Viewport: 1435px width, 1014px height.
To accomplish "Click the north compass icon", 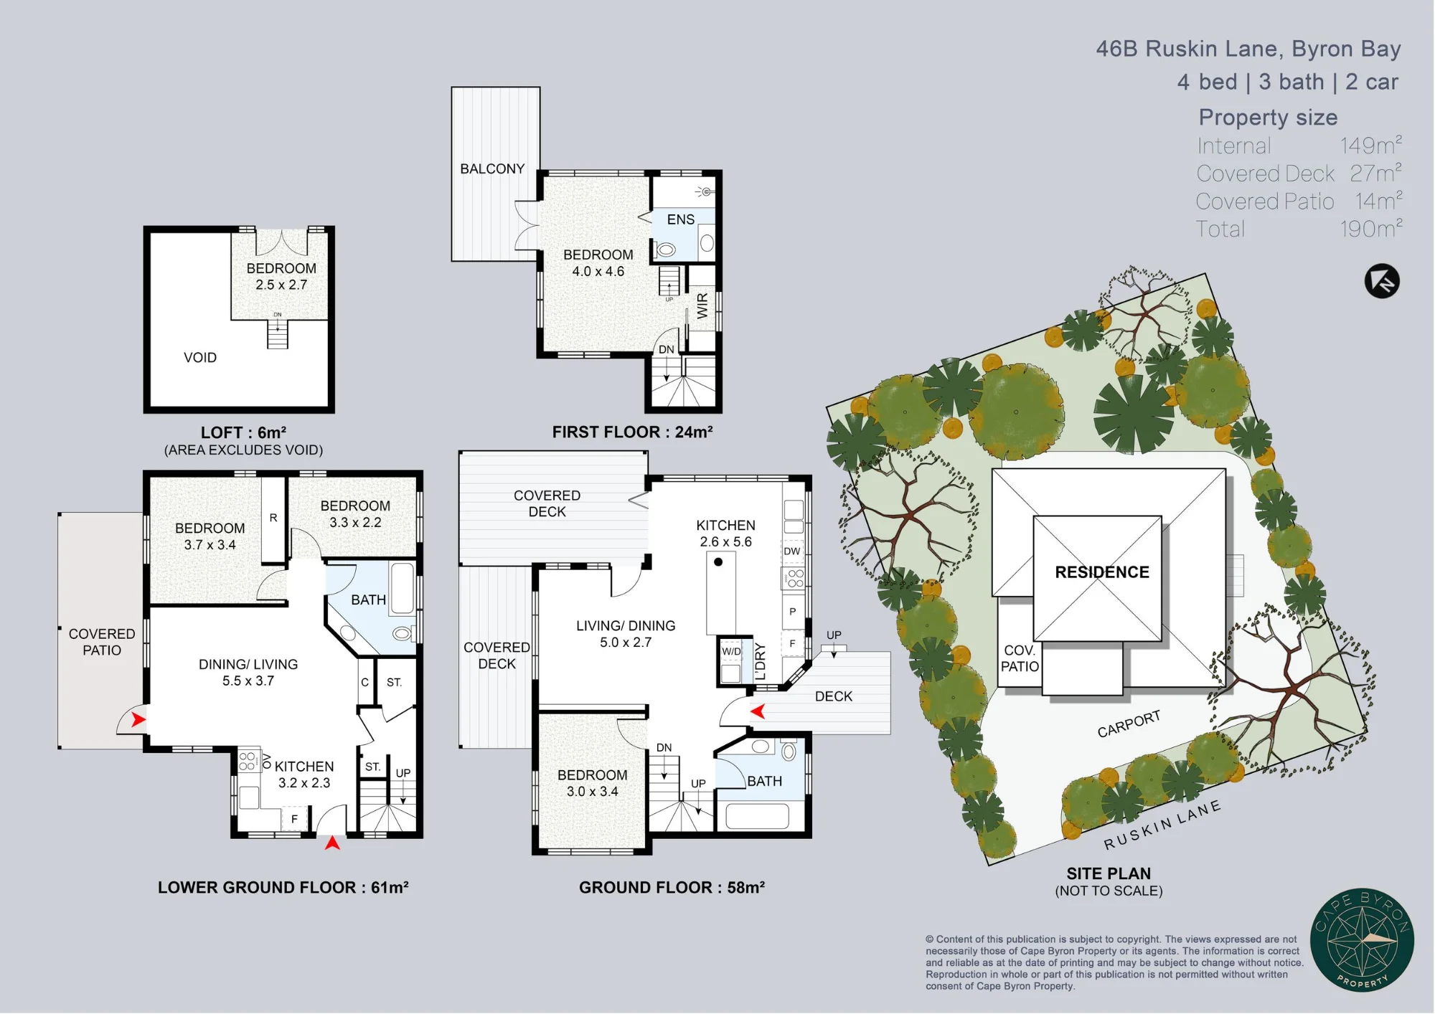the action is tap(1382, 281).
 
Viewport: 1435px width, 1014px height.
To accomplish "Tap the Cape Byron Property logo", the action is tap(1362, 939).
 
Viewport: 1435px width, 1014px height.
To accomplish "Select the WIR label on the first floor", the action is tap(702, 305).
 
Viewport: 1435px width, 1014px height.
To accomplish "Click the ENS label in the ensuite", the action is tap(681, 219).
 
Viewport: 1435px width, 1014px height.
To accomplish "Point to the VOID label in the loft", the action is tap(200, 357).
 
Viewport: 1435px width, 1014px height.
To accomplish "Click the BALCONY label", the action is tap(492, 169).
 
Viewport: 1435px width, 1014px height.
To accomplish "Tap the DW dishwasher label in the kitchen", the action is tap(792, 551).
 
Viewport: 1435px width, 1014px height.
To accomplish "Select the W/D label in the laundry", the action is tap(731, 651).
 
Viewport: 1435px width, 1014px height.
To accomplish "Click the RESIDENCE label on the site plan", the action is tap(1102, 572).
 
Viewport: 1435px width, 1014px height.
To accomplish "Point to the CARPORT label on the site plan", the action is tap(1129, 724).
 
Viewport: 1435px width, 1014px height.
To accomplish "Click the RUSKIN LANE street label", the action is tap(1162, 825).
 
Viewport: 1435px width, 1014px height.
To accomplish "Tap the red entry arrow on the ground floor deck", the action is tap(758, 711).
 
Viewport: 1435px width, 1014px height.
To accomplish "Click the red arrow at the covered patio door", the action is tap(138, 719).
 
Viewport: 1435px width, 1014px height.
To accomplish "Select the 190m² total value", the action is tap(1371, 228).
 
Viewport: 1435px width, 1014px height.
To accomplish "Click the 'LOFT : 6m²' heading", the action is tap(243, 432).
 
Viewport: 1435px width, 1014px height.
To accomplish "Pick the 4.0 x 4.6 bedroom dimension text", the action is tap(598, 272).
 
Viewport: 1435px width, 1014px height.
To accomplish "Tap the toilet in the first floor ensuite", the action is tap(666, 250).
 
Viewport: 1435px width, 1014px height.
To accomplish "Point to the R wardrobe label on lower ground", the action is tap(273, 517).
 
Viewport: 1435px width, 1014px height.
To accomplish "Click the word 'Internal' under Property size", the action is tap(1233, 146).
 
